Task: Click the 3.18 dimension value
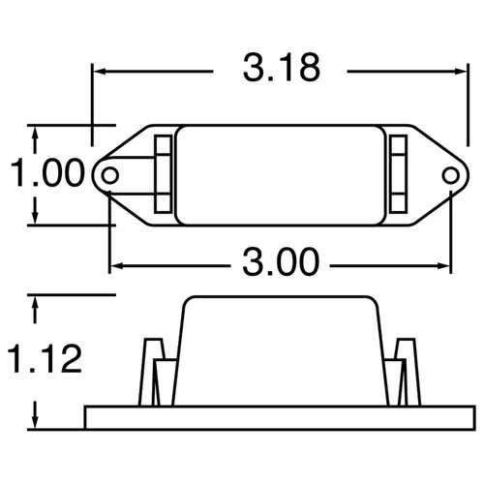[281, 70]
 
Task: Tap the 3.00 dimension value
[281, 262]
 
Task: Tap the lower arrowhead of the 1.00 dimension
[35, 218]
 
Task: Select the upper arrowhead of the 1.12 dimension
[35, 302]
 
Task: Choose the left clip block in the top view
[163, 174]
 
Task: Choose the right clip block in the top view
[399, 174]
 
